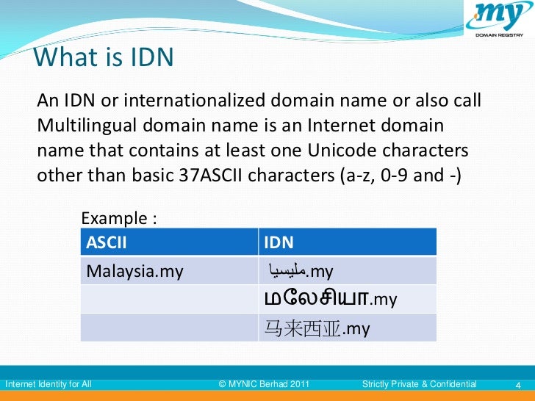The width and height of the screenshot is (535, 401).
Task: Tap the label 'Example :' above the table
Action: coord(119,219)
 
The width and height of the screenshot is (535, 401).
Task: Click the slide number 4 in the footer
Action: coord(519,384)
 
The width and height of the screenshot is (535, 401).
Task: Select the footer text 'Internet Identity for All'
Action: coord(49,384)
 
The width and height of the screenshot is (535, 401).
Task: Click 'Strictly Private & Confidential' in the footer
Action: coord(420,384)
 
